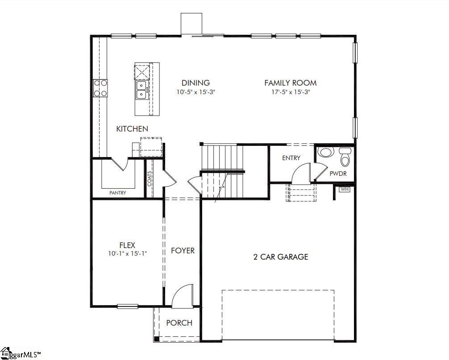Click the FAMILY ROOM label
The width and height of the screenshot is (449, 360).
point(290,83)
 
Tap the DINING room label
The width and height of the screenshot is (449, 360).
point(195,83)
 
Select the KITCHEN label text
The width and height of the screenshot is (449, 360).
point(132,129)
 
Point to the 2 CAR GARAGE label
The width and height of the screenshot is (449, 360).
point(281,257)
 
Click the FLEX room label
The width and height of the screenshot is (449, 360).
point(127,245)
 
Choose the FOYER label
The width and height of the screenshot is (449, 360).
point(183,251)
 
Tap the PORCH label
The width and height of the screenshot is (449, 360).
point(179,323)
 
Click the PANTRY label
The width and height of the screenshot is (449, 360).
point(118,193)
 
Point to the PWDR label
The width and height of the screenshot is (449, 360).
point(338,174)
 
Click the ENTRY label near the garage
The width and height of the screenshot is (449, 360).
point(291,158)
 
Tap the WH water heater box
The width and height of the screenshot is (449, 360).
point(344,189)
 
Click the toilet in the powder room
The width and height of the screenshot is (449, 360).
point(345,157)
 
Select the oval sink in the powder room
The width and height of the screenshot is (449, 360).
point(325,153)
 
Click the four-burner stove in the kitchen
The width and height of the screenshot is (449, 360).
point(100,88)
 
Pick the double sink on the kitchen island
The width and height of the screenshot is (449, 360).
point(141,89)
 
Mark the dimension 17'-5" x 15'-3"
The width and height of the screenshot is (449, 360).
point(290,92)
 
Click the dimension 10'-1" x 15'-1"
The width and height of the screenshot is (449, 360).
point(127,253)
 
